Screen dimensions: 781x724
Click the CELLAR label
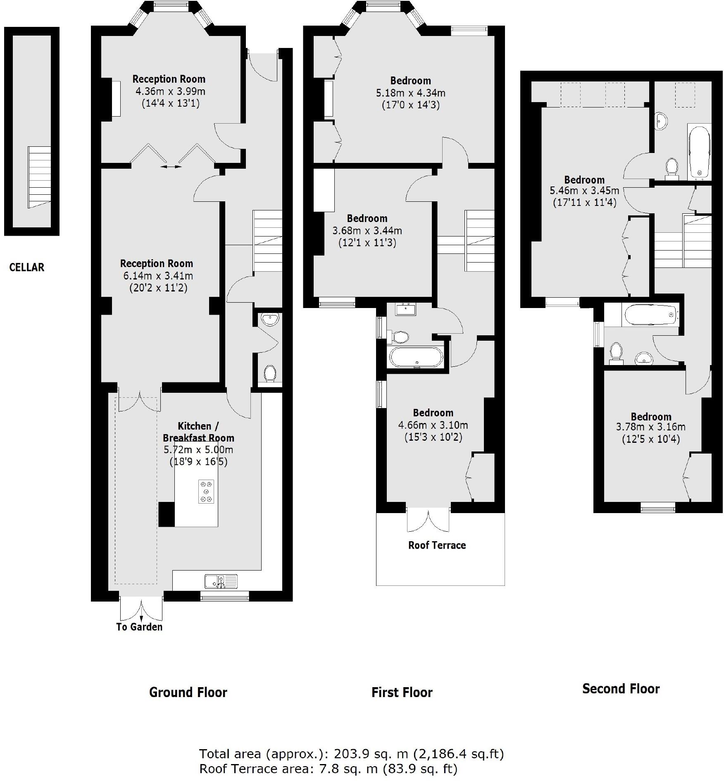(x=26, y=267)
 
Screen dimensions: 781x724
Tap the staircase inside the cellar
(x=39, y=177)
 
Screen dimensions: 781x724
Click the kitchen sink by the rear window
(x=221, y=581)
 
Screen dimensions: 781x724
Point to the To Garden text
(x=139, y=627)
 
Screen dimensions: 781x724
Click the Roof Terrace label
(x=437, y=545)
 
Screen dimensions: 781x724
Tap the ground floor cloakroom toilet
(x=270, y=373)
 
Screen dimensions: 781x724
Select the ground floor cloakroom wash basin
(x=270, y=319)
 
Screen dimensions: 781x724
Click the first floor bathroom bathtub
(x=416, y=357)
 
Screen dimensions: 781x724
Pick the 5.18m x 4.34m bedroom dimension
(x=410, y=93)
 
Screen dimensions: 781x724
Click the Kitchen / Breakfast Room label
(x=198, y=432)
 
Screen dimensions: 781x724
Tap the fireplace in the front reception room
(x=116, y=98)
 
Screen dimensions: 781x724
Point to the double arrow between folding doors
(x=171, y=167)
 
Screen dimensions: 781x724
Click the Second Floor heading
(x=621, y=689)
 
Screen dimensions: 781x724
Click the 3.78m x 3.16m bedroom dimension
(x=650, y=427)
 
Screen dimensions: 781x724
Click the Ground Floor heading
(x=188, y=692)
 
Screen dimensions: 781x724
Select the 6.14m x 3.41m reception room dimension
(x=156, y=276)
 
